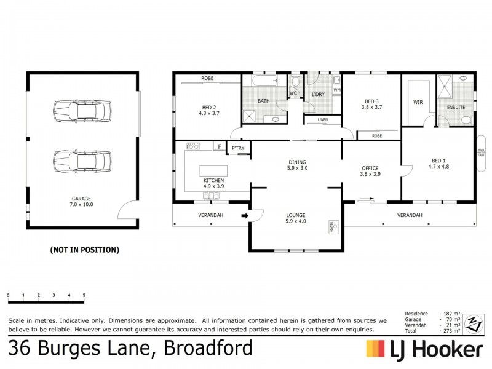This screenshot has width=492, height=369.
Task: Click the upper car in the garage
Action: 82,111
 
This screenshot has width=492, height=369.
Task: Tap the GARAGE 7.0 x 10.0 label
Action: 81,202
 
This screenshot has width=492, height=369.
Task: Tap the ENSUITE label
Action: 456,106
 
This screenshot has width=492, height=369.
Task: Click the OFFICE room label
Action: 370,171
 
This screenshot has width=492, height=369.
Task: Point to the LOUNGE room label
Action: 296,218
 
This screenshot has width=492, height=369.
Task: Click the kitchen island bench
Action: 213,170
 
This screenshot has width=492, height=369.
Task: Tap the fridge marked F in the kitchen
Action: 219,146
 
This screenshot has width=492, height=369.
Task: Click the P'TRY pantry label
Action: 237,148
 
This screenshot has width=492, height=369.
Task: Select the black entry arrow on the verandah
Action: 244,215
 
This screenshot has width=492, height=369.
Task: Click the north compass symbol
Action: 472,322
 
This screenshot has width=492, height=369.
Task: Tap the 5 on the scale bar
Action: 84,296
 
